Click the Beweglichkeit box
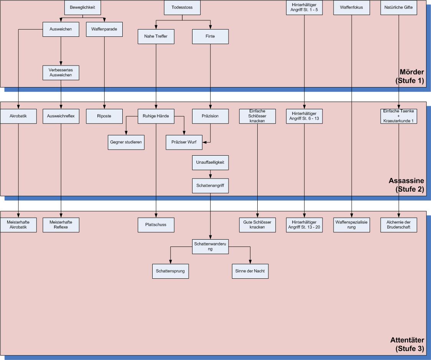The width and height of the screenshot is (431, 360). [x=82, y=7]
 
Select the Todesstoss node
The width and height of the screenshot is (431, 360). [x=182, y=7]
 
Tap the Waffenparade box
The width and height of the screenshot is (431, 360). [x=104, y=29]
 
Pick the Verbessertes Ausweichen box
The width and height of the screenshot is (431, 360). [x=61, y=72]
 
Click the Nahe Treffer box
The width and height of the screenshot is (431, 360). [x=156, y=36]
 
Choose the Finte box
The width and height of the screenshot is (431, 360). [x=210, y=36]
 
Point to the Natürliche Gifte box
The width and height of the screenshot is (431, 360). [x=398, y=7]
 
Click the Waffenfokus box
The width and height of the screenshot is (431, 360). [x=351, y=7]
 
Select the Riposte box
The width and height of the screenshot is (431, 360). [x=104, y=116]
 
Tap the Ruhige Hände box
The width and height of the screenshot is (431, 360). [x=156, y=116]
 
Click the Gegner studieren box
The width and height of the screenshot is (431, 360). [x=126, y=142]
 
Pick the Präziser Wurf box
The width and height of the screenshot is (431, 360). [x=184, y=142]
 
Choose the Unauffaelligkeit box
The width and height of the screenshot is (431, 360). [x=210, y=163]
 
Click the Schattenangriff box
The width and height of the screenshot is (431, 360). [x=210, y=186]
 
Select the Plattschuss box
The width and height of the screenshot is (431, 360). [x=156, y=225]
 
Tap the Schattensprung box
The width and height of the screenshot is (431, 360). [x=170, y=271]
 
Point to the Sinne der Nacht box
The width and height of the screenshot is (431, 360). [x=250, y=271]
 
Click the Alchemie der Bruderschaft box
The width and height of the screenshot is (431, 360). [x=398, y=225]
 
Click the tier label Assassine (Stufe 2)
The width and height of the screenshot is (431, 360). [x=406, y=184]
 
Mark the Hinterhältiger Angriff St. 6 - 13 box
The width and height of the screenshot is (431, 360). [x=304, y=116]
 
